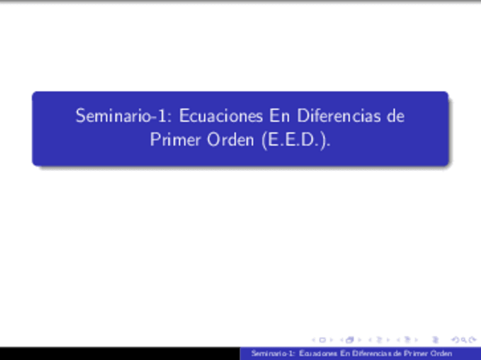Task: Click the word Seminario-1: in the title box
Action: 125,116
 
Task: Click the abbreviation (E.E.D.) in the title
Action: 296,140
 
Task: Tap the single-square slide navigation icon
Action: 322,340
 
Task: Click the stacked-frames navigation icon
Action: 349,340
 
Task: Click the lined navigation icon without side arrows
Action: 436,340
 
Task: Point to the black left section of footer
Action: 119,354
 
